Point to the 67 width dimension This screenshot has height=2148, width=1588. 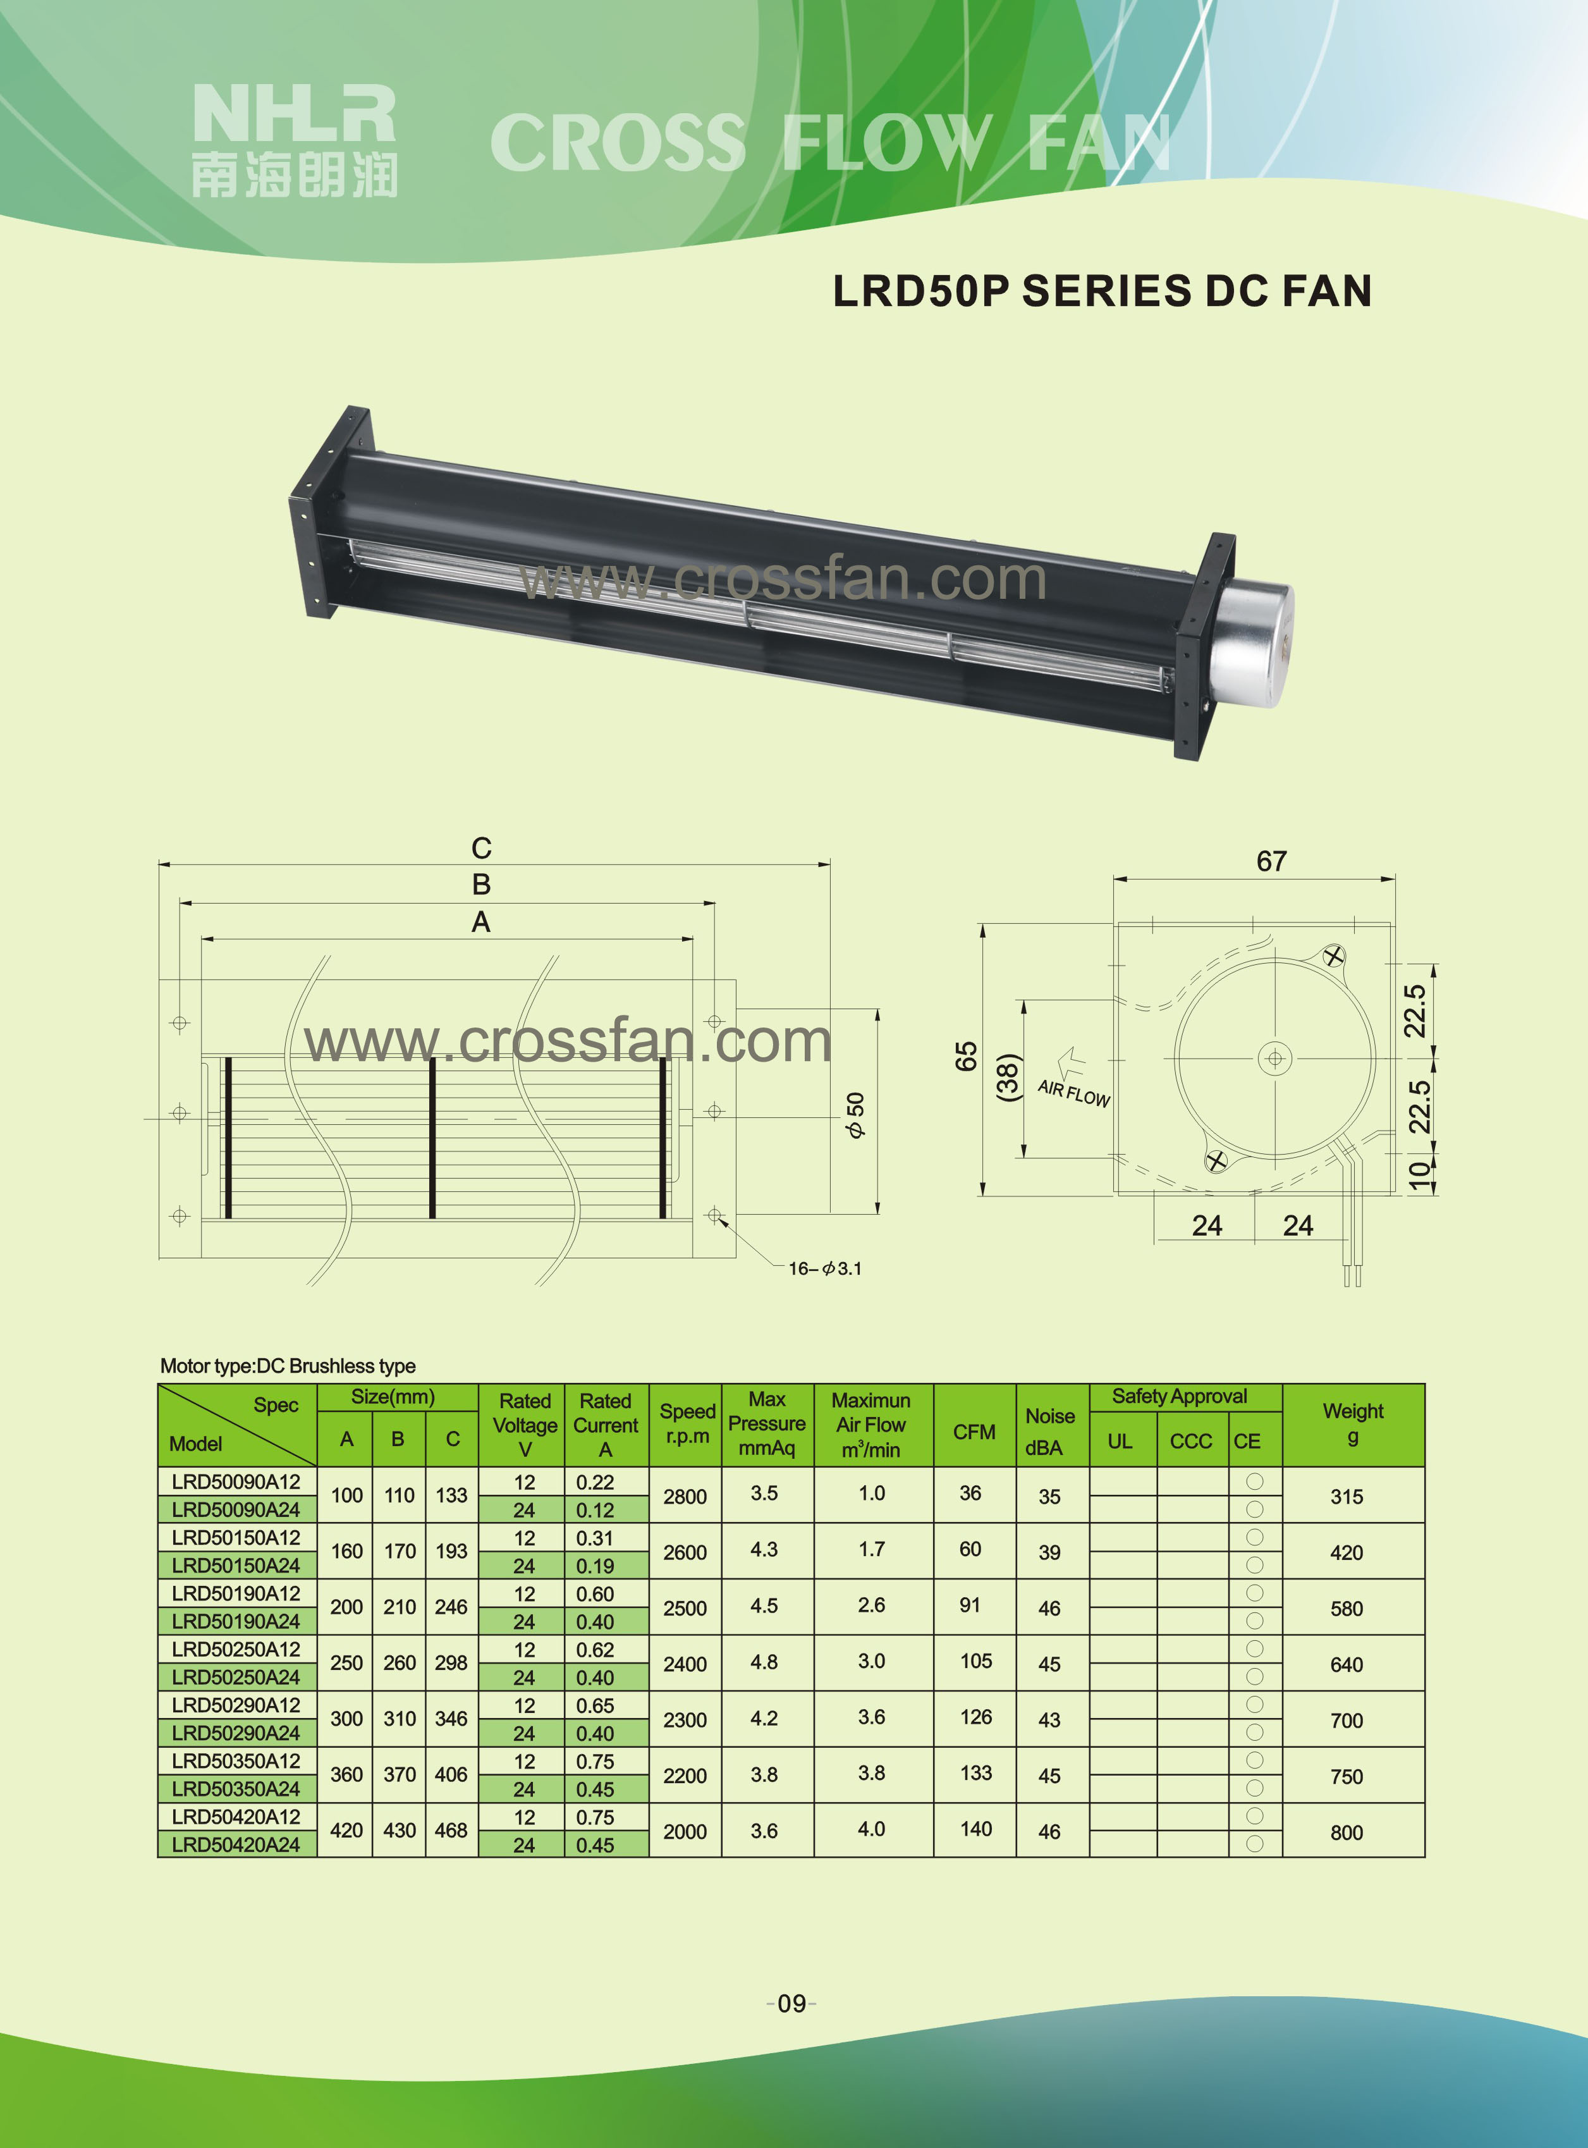pyautogui.click(x=1271, y=861)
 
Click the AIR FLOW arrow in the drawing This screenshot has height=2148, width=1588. pyautogui.click(x=1071, y=1062)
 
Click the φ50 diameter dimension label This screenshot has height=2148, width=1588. pyautogui.click(x=855, y=1115)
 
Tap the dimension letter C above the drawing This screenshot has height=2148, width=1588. pyautogui.click(x=480, y=848)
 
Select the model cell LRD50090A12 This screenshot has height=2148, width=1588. pyautogui.click(x=236, y=1482)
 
